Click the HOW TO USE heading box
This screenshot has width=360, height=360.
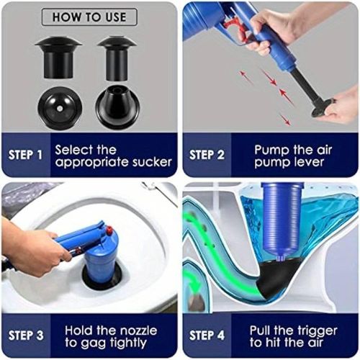pos(89,17)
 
